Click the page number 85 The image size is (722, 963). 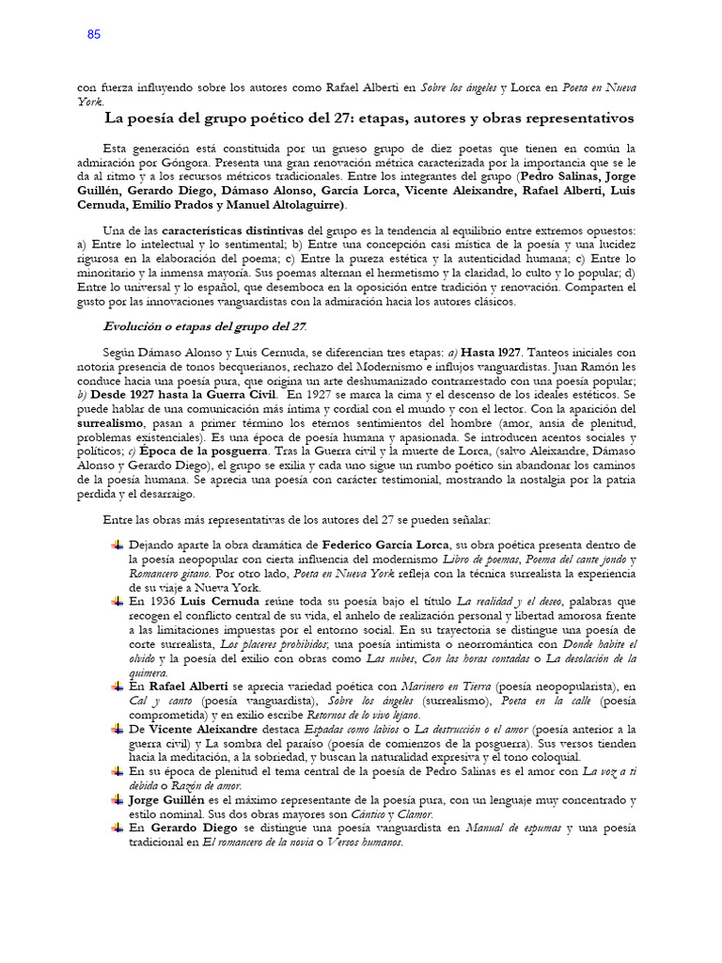coord(93,35)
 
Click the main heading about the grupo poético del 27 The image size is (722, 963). coord(369,118)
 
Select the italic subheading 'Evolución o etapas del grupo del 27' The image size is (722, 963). coord(205,326)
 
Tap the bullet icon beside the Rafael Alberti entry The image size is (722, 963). coord(117,687)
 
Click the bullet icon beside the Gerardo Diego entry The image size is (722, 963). coord(117,828)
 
